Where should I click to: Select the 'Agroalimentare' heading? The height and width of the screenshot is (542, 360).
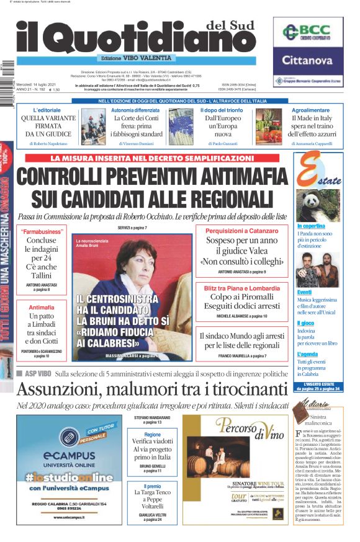point(310,110)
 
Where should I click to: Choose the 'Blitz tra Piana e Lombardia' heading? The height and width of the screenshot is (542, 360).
point(241,288)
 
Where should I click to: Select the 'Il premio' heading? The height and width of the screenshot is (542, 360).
point(152,487)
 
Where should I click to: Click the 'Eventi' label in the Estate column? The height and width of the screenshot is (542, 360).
point(304,292)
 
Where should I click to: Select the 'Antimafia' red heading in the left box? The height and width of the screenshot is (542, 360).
point(42,307)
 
